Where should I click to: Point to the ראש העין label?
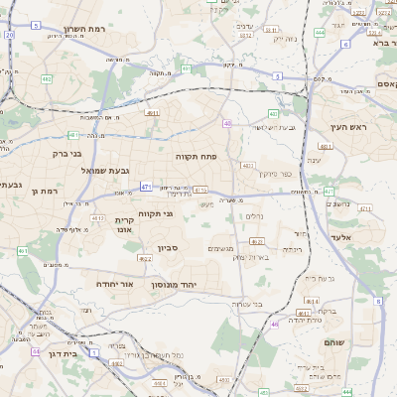click(349, 127)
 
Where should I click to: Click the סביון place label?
click(167, 248)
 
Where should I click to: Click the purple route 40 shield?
click(227, 124)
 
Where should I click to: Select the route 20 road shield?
click(9, 35)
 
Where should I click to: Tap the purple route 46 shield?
click(274, 324)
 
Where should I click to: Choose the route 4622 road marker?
click(145, 259)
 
